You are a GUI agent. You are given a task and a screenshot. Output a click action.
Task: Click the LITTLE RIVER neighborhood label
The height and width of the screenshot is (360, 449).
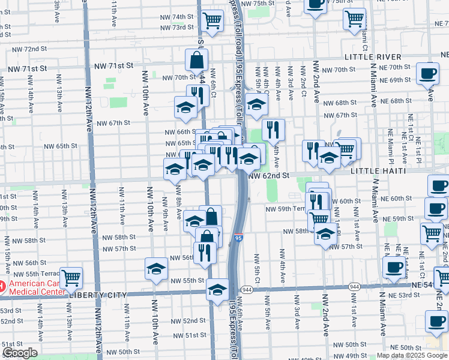pyautogui.click(x=373, y=56)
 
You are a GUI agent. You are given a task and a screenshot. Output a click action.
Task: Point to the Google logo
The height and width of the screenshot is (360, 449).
pyautogui.click(x=20, y=353)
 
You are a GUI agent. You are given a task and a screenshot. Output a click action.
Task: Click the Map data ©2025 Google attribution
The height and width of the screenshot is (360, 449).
pyautogui.click(x=412, y=355)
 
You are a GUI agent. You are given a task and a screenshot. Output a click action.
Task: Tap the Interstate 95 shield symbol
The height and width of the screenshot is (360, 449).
pyautogui.click(x=239, y=239)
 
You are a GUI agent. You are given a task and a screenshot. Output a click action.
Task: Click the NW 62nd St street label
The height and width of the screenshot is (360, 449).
pyautogui.click(x=269, y=176)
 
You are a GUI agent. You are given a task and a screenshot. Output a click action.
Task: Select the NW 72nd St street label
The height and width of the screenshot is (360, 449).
pyautogui.click(x=29, y=49)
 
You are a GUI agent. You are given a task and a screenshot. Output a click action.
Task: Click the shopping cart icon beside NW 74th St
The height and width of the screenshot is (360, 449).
pyautogui.click(x=212, y=20)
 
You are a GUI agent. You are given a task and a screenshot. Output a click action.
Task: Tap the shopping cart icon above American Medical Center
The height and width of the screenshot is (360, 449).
pyautogui.click(x=71, y=277)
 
